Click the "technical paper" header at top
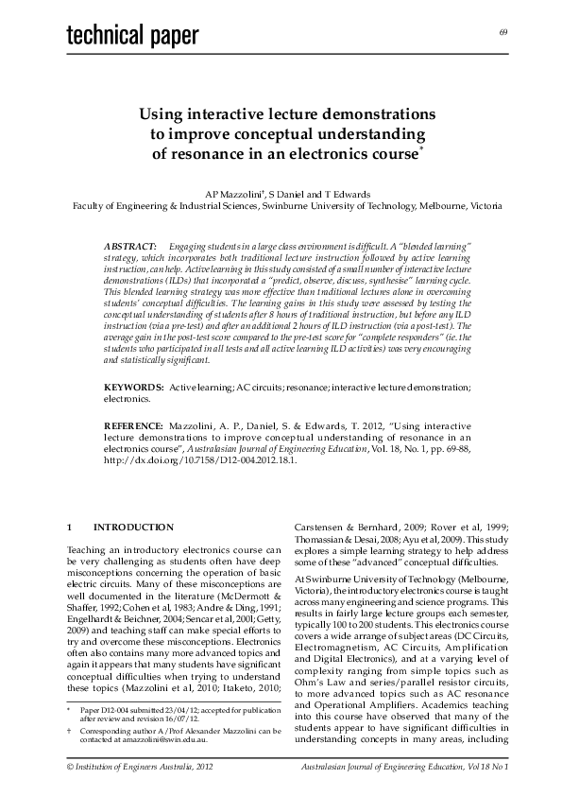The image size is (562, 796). point(132,36)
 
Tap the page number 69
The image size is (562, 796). point(503,33)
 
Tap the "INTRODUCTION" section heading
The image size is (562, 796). point(133,527)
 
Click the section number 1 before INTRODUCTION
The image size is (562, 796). point(70,527)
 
